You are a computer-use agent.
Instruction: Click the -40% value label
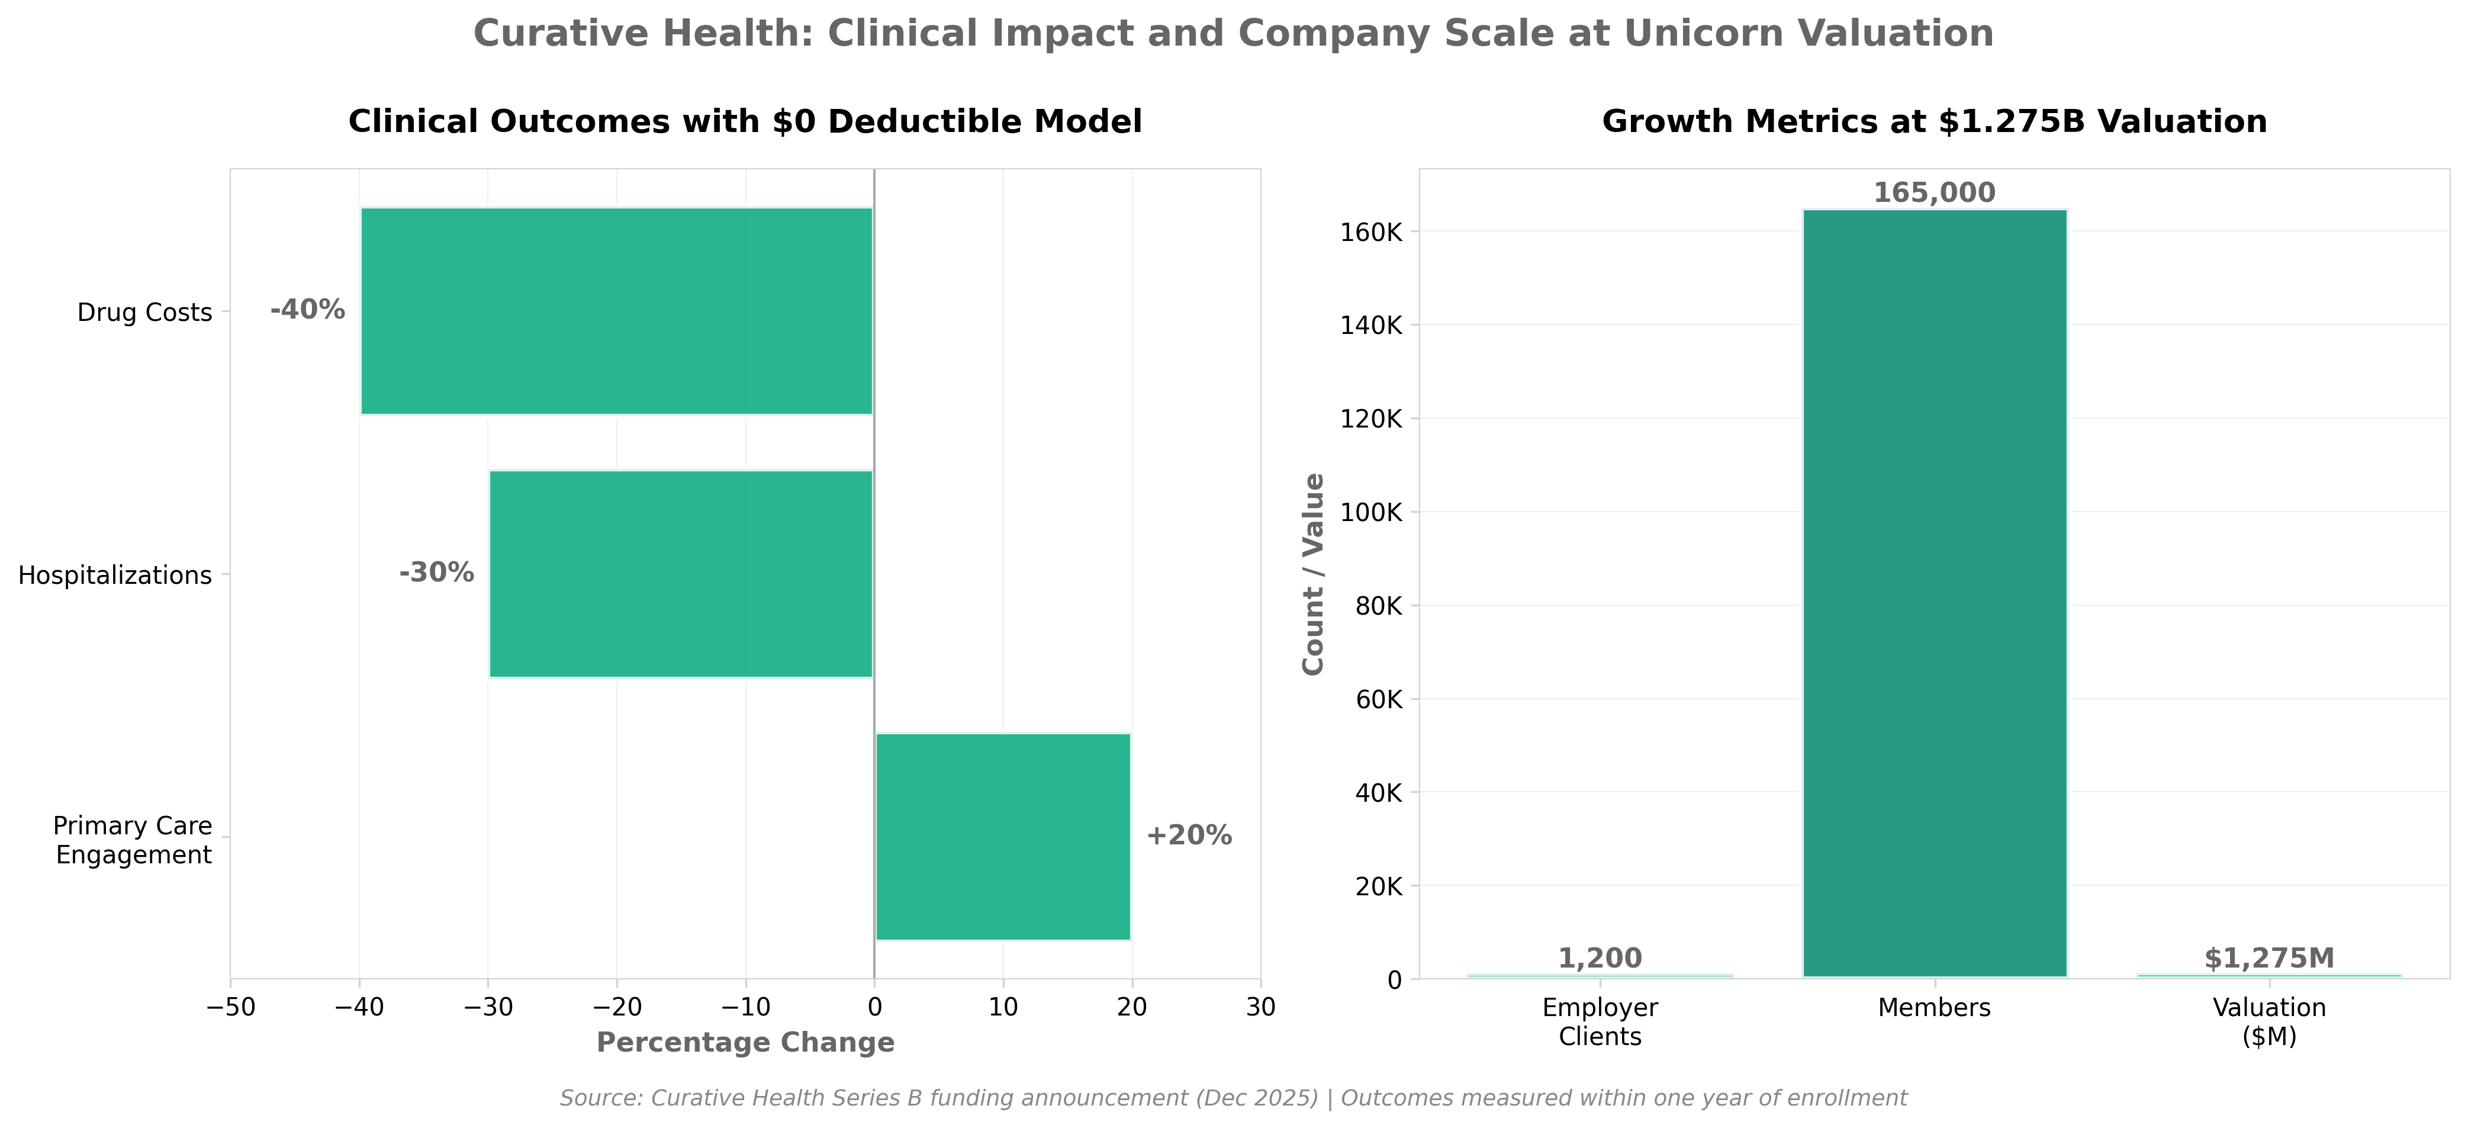pyautogui.click(x=308, y=310)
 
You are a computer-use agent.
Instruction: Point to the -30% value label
pyautogui.click(x=437, y=573)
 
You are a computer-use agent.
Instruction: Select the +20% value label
pyautogui.click(x=1188, y=835)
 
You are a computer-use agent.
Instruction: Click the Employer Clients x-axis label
pyautogui.click(x=1600, y=1021)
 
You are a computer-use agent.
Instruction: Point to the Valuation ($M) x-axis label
pyautogui.click(x=2268, y=1021)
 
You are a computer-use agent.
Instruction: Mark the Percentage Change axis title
pyautogui.click(x=745, y=1043)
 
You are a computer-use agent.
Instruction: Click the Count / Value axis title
pyautogui.click(x=1314, y=573)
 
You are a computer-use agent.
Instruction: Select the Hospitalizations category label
pyautogui.click(x=115, y=575)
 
